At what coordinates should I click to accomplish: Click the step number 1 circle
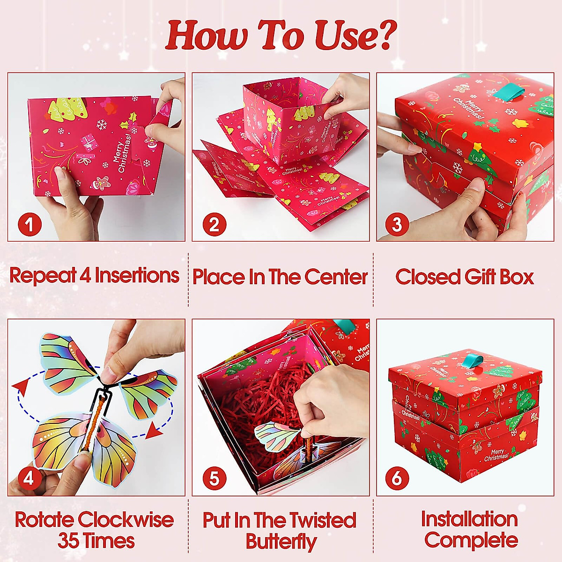[30, 225]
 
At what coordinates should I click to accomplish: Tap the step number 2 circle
[214, 225]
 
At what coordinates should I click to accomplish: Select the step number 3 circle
[397, 225]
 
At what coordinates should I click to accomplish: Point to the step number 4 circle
[29, 479]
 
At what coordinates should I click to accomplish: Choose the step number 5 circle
[214, 479]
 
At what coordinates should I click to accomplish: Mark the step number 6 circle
[397, 479]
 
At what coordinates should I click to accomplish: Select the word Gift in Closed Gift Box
[473, 277]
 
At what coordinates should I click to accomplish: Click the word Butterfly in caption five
[281, 541]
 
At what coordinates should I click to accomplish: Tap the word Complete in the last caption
[471, 540]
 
